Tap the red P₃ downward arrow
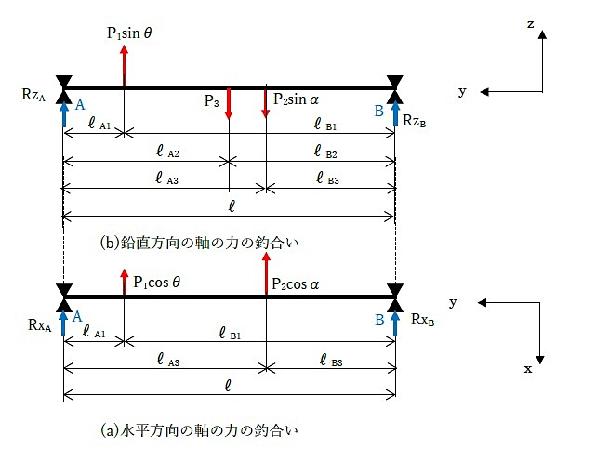pos(229,105)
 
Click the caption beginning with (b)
pos(203,244)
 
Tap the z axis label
pos(530,25)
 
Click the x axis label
pos(528,369)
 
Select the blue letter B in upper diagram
pos(378,111)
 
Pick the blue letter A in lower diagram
pos(80,317)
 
